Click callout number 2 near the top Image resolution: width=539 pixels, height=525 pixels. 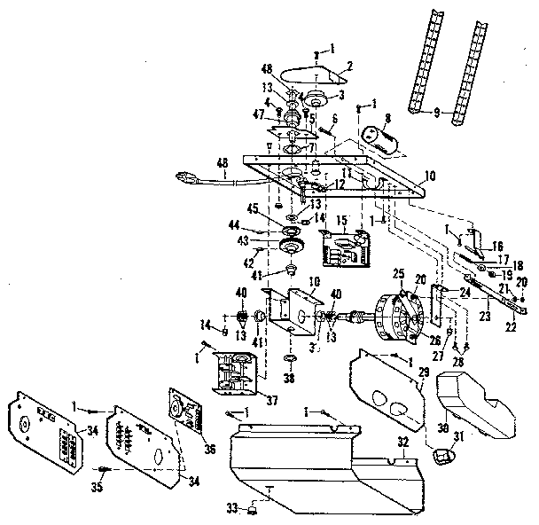[x=349, y=65]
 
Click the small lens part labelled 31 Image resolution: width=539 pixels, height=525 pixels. [x=440, y=455]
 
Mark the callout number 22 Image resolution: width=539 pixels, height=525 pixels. [x=512, y=325]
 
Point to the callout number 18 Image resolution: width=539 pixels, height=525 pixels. [x=519, y=265]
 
